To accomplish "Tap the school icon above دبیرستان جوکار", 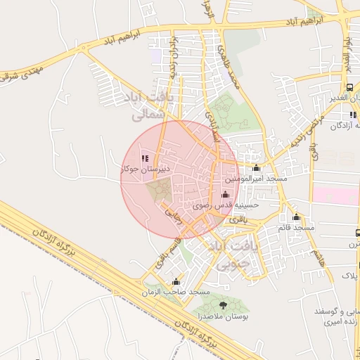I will (x=146, y=159).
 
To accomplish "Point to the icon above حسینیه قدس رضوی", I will (x=225, y=195).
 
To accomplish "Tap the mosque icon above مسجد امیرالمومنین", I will (x=256, y=168).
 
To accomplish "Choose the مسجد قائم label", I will (x=295, y=227).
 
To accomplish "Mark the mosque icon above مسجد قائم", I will (x=297, y=217).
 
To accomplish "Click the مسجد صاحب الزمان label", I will (x=176, y=291).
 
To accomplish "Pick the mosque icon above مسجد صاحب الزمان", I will (x=176, y=281).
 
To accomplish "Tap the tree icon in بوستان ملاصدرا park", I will (x=224, y=305).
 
